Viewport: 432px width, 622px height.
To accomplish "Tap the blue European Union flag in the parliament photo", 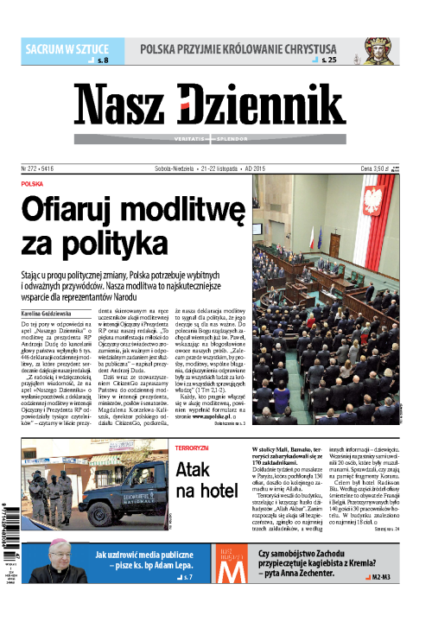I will coord(319,237).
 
